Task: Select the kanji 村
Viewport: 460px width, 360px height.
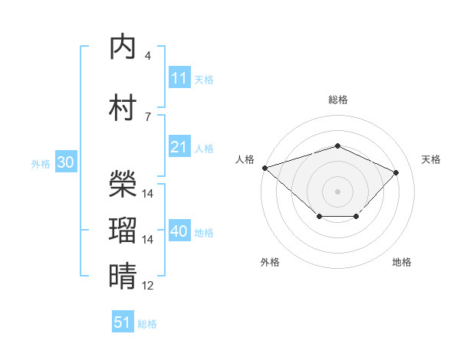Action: pos(123,107)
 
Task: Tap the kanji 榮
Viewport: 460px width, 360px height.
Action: pos(123,184)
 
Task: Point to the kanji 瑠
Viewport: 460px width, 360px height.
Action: pos(123,230)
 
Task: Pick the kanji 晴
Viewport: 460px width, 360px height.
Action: pos(123,276)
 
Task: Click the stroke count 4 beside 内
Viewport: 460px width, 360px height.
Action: pos(148,56)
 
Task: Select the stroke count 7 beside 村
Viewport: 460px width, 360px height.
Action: pos(148,117)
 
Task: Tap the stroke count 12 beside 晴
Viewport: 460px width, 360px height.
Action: pos(147,286)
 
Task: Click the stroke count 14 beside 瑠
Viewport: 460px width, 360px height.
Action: pos(147,240)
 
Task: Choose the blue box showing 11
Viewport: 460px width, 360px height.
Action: pos(180,77)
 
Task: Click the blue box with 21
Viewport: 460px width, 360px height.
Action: pos(180,146)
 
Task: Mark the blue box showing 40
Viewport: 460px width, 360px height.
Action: pos(180,230)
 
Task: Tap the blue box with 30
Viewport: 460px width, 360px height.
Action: pos(66,162)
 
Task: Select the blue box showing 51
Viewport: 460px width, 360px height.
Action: pos(123,321)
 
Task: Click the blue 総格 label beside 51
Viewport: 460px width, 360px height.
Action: pos(147,324)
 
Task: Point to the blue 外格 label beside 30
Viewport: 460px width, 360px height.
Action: pos(41,164)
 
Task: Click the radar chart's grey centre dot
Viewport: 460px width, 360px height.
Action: pos(337,191)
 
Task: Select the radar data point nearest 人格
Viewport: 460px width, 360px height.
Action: pos(265,168)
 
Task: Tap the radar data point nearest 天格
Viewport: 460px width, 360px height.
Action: pos(396,172)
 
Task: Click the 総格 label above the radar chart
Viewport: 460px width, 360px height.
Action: pos(338,100)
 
